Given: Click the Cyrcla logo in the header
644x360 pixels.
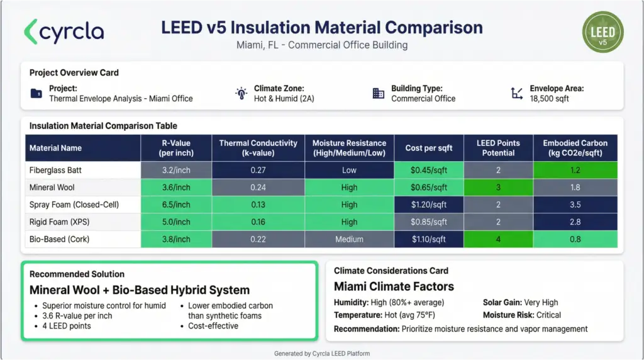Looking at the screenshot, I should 64,31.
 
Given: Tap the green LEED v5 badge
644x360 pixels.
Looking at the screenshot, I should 602,31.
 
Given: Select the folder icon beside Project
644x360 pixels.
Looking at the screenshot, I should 36,94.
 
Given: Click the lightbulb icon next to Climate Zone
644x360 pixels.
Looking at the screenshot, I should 241,94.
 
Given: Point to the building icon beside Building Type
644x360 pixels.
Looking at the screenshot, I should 378,94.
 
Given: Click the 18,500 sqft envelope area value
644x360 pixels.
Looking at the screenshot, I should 549,99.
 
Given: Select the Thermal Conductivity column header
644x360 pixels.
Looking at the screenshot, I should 258,148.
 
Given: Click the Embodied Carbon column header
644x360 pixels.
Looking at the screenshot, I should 575,148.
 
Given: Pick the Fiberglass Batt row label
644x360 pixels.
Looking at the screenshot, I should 55,170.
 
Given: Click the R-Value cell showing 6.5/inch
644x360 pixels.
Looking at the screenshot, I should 176,205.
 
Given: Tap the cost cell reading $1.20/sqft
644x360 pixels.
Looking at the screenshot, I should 429,205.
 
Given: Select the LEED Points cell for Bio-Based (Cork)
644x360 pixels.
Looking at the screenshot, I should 498,239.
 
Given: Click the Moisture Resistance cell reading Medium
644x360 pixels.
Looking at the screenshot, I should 349,239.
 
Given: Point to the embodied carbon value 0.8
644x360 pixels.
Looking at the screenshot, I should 575,239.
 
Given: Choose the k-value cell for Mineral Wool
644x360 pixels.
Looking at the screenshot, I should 258,187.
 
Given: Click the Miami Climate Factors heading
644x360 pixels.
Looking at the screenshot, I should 394,286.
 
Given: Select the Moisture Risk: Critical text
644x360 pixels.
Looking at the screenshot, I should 521,315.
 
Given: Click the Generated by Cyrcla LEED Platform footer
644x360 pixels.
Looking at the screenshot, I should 322,354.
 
